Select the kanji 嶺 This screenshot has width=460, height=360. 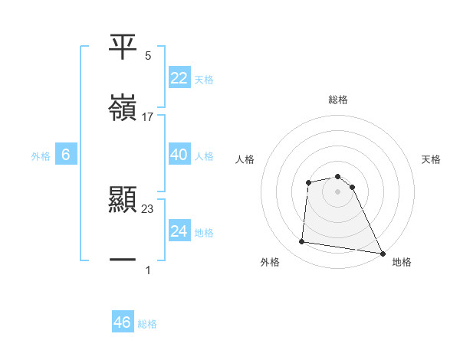tap(123, 107)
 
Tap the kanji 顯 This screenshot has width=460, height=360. tap(123, 200)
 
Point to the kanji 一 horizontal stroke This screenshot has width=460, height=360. tap(123, 260)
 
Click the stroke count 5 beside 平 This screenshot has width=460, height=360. tap(148, 56)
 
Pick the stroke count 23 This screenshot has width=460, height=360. tap(148, 209)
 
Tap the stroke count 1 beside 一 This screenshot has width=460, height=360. tap(148, 270)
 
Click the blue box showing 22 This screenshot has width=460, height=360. tap(179, 77)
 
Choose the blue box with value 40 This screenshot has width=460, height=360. tap(179, 155)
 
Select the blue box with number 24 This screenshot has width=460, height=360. tap(179, 231)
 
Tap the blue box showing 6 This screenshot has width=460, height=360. tap(66, 155)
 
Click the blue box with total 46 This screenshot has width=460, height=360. tap(123, 322)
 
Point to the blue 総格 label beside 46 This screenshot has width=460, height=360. tap(147, 324)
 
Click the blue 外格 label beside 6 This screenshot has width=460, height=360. tap(41, 156)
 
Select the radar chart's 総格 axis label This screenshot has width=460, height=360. tap(338, 100)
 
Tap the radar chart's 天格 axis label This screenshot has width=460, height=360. tap(432, 159)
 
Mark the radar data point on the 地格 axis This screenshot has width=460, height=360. tap(383, 253)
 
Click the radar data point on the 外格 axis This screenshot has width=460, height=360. tap(302, 242)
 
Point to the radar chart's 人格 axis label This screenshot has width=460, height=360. tap(245, 159)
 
